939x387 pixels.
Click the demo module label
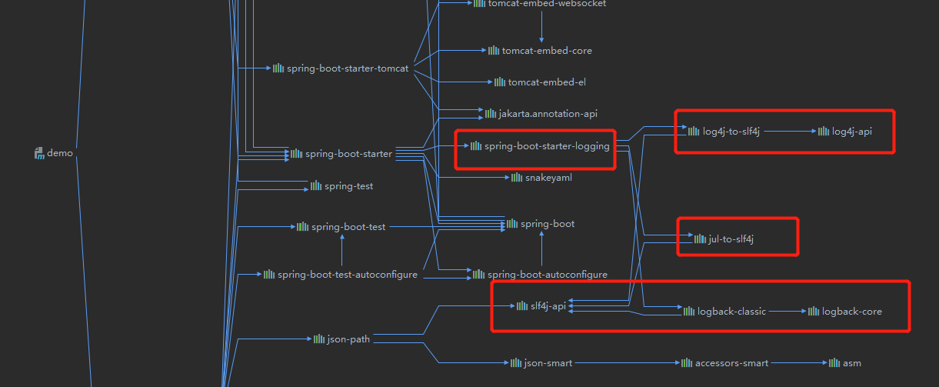pos(59,153)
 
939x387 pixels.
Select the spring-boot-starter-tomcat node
pos(347,68)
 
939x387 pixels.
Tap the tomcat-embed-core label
pos(546,51)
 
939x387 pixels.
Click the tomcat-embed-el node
pos(546,82)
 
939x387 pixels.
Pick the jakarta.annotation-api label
pos(548,114)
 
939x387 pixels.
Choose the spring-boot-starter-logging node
pos(546,145)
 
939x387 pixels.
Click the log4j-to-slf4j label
pos(731,132)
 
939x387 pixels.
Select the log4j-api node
pos(851,132)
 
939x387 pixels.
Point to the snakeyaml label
pos(548,178)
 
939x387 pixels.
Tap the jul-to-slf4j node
pos(730,239)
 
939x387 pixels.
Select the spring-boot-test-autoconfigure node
pos(347,275)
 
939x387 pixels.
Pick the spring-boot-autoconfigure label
pos(547,275)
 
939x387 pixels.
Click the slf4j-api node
pos(548,306)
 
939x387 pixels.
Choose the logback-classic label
pos(731,312)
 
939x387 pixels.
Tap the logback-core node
pos(851,312)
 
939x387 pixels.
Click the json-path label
pos(348,339)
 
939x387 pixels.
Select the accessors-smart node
pos(731,362)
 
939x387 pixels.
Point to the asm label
pos(851,362)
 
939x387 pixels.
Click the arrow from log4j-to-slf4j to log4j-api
pos(790,132)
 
